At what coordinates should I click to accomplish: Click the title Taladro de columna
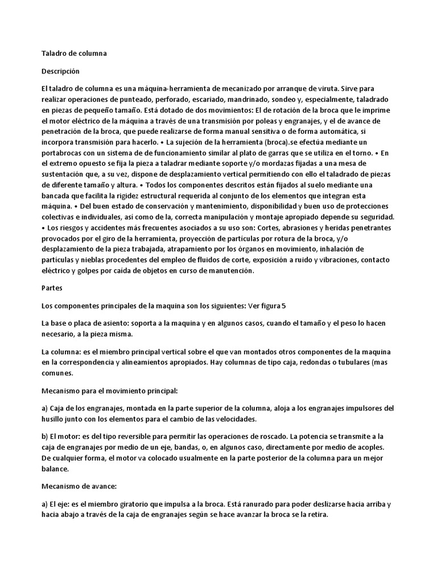(75, 54)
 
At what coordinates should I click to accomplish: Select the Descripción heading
(61, 72)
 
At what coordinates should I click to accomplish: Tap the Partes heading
(52, 288)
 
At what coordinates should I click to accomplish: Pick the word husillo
(55, 420)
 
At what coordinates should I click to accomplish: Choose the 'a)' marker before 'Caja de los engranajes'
(46, 408)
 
